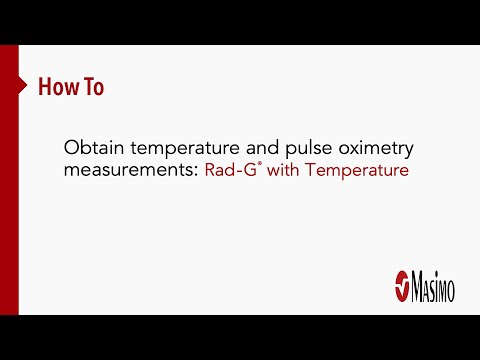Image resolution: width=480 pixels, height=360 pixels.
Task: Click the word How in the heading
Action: (57, 87)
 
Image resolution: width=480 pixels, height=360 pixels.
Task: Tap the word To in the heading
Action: (91, 87)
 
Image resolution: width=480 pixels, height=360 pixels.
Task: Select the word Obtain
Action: (90, 148)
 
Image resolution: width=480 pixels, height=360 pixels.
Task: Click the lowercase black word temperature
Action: (177, 148)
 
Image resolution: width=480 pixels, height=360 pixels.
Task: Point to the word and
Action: (256, 148)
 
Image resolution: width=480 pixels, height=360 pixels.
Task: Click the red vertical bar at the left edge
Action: (9, 180)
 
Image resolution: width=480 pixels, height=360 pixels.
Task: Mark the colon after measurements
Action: (198, 172)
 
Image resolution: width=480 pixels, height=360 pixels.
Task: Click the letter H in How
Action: (45, 87)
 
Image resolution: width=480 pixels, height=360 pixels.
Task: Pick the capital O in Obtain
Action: (71, 148)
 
